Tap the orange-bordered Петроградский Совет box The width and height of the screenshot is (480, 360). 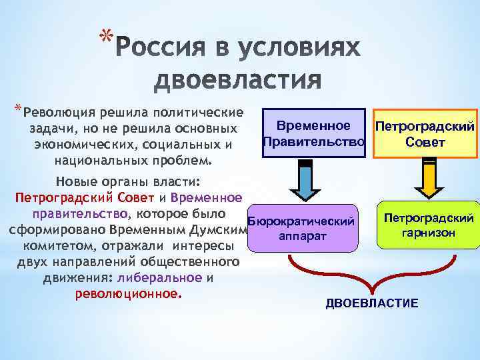click(x=425, y=134)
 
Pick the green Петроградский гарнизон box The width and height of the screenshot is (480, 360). click(x=428, y=225)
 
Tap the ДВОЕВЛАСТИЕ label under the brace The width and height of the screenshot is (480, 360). click(x=371, y=304)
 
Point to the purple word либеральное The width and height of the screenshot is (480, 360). click(x=157, y=278)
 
